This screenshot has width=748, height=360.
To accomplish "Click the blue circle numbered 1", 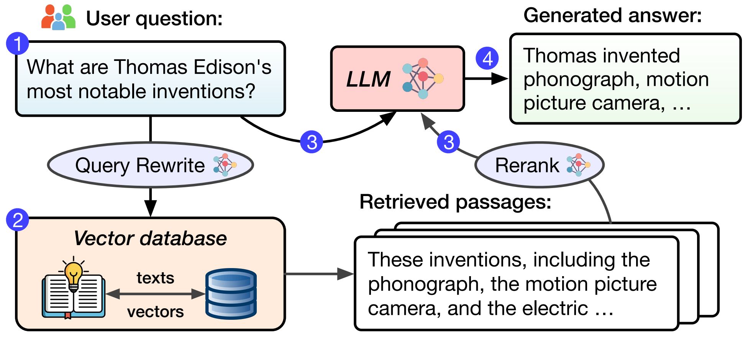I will click(18, 44).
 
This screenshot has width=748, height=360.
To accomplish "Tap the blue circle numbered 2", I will click(18, 220).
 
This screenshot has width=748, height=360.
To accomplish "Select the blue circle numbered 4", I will click(487, 59).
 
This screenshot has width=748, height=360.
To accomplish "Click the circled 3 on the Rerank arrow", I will click(448, 142).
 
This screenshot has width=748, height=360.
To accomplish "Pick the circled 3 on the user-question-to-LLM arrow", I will click(312, 142).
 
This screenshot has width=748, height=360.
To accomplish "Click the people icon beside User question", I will click(58, 17).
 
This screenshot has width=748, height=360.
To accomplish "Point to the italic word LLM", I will click(368, 79).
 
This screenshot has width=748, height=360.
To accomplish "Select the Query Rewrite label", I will click(140, 165).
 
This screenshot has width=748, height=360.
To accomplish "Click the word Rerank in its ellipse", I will click(527, 165).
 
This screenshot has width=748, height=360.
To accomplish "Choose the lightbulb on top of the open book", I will click(74, 273).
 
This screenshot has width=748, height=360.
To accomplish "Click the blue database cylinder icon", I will click(231, 294).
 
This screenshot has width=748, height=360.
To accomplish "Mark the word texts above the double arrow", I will click(155, 278).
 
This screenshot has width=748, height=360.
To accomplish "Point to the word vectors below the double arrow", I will click(155, 312).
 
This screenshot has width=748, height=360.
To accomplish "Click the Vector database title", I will click(150, 238).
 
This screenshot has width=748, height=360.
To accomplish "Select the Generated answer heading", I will click(612, 16).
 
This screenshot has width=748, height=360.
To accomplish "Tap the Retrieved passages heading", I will click(455, 202).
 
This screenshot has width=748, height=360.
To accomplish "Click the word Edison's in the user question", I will click(233, 67).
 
